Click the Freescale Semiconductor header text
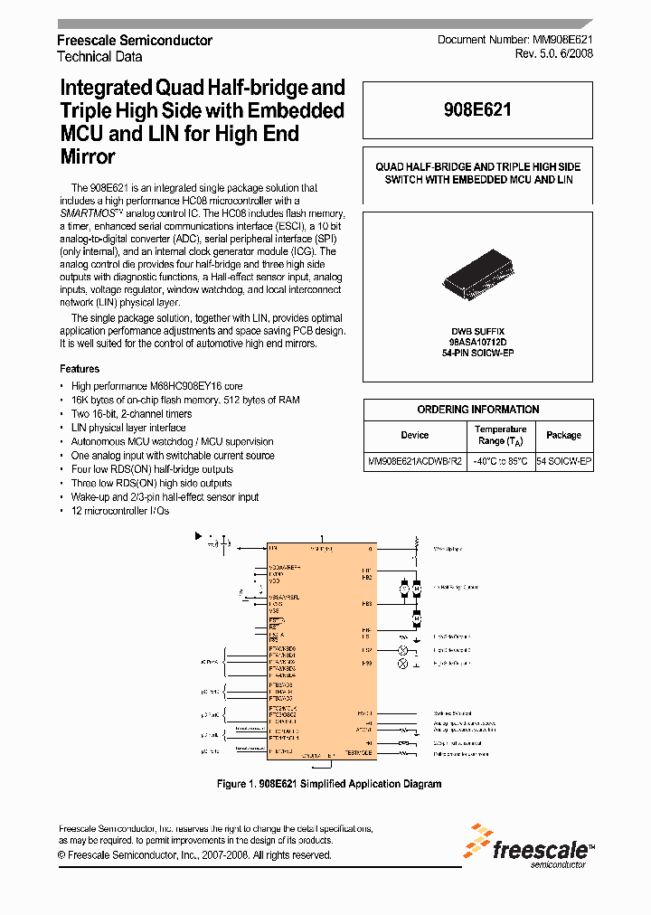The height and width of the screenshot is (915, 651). pos(135,41)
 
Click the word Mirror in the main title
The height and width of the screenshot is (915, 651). pos(87,157)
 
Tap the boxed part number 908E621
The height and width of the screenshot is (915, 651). pos(477,110)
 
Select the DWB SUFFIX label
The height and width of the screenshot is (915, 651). pos(477,332)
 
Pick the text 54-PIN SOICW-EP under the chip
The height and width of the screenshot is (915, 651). pos(477,354)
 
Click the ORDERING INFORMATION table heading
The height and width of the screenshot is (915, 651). pos(477,410)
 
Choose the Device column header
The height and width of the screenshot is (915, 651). pos(414,435)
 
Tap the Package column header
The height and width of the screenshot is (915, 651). pos(563,435)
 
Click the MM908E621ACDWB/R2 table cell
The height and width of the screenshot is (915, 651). pos(414,461)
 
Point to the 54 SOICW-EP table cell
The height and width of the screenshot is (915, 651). pos(564,461)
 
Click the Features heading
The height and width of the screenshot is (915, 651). pos(80,369)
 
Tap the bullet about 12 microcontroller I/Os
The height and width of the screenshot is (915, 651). pos(119,511)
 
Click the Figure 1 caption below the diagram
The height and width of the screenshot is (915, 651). pos(329,784)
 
